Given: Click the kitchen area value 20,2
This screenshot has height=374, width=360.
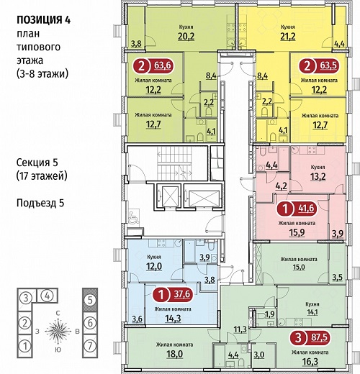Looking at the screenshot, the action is (186, 37).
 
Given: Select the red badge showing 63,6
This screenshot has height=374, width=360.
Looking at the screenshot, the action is (154, 65).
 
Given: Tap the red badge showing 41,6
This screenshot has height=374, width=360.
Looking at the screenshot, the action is (297, 209).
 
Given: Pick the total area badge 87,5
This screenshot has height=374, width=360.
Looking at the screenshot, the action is (310, 338).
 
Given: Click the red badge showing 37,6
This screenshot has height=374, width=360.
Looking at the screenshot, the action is (174, 294).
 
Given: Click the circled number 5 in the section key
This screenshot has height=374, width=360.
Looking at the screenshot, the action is (90, 300).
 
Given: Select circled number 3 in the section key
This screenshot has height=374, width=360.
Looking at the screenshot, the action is (25, 298).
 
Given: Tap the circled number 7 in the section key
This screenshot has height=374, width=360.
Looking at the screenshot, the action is (90, 346).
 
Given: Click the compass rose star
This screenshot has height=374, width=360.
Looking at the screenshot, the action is (58, 331).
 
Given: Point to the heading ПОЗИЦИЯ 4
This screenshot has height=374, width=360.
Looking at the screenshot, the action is (43, 20).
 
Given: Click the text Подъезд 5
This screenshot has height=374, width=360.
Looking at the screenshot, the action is (40, 203).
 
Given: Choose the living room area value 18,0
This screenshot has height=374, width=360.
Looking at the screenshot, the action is (174, 354).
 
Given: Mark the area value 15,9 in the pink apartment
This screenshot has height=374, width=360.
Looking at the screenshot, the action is (297, 232).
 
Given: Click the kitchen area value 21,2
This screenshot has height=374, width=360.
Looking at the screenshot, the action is (288, 37).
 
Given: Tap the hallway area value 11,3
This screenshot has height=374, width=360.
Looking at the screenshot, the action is (240, 329).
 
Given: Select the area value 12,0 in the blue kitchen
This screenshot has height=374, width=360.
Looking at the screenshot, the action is (154, 266).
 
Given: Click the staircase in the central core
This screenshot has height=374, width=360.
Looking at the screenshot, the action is (175, 163).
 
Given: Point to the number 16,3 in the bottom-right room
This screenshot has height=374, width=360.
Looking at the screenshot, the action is (310, 362).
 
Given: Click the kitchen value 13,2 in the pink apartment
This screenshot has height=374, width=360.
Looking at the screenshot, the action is (318, 176).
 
